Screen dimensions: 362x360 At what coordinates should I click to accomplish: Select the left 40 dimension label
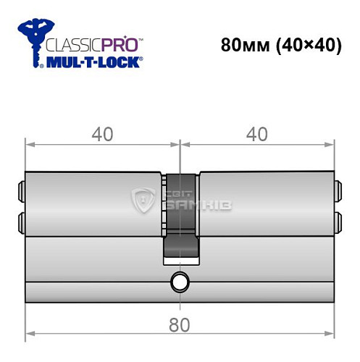click(103, 134)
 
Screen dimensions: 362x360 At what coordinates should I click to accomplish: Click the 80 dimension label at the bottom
click(180, 324)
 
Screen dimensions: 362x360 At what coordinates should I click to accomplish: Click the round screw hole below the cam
click(179, 282)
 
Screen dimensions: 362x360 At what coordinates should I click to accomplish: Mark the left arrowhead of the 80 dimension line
click(28, 334)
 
